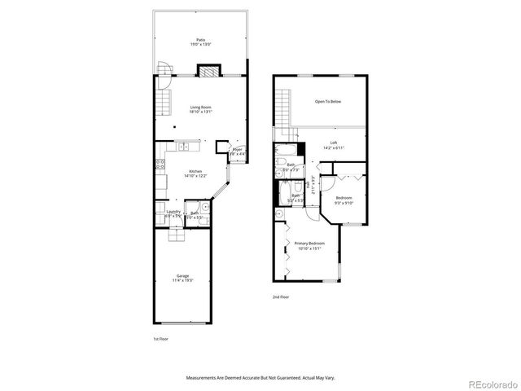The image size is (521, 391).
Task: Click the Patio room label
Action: pyautogui.click(x=200, y=40)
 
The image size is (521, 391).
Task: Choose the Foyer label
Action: pyautogui.click(x=238, y=149)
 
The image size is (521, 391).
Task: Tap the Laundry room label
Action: pyautogui.click(x=173, y=212)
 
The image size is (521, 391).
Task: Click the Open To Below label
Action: pyautogui.click(x=328, y=102)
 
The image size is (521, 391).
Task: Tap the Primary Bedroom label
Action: pyautogui.click(x=309, y=244)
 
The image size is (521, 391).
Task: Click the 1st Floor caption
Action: pyautogui.click(x=161, y=338)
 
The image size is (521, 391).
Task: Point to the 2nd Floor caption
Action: pyautogui.click(x=281, y=297)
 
